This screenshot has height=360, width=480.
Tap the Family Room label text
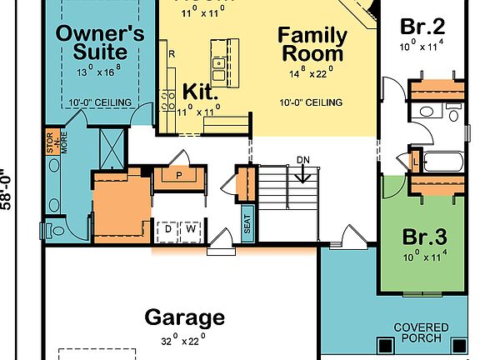point(311,45)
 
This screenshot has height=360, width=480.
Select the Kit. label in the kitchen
point(200,91)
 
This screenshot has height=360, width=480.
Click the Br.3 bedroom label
point(425,236)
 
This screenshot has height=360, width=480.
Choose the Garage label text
point(184,317)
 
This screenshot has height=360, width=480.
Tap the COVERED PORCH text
point(421,332)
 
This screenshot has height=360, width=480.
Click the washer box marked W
point(190,228)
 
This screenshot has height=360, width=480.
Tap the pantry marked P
point(177,177)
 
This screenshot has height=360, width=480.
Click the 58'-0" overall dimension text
point(7,190)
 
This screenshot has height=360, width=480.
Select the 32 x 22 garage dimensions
point(183,340)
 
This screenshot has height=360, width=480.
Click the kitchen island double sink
point(217,62)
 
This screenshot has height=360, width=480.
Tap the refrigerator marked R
point(171,53)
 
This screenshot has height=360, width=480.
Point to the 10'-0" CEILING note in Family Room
point(311,102)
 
